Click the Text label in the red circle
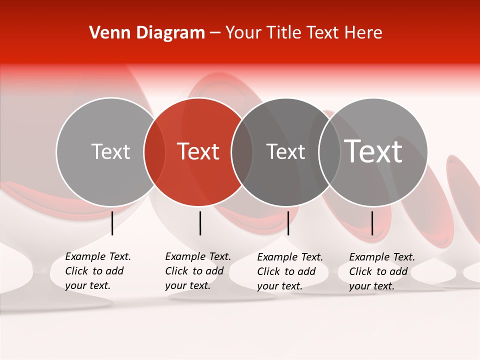(x=198, y=151)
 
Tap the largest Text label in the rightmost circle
(x=373, y=151)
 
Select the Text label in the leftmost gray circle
(x=110, y=151)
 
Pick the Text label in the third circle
(x=285, y=151)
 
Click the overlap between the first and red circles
(x=154, y=152)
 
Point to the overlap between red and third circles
(x=242, y=152)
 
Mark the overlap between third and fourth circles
(x=329, y=152)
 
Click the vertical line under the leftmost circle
(x=112, y=223)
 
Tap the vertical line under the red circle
(x=200, y=223)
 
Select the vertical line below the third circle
(x=288, y=223)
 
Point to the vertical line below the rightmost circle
(x=372, y=223)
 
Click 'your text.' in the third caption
(x=280, y=286)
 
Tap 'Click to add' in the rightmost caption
(x=378, y=271)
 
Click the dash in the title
(x=215, y=33)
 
